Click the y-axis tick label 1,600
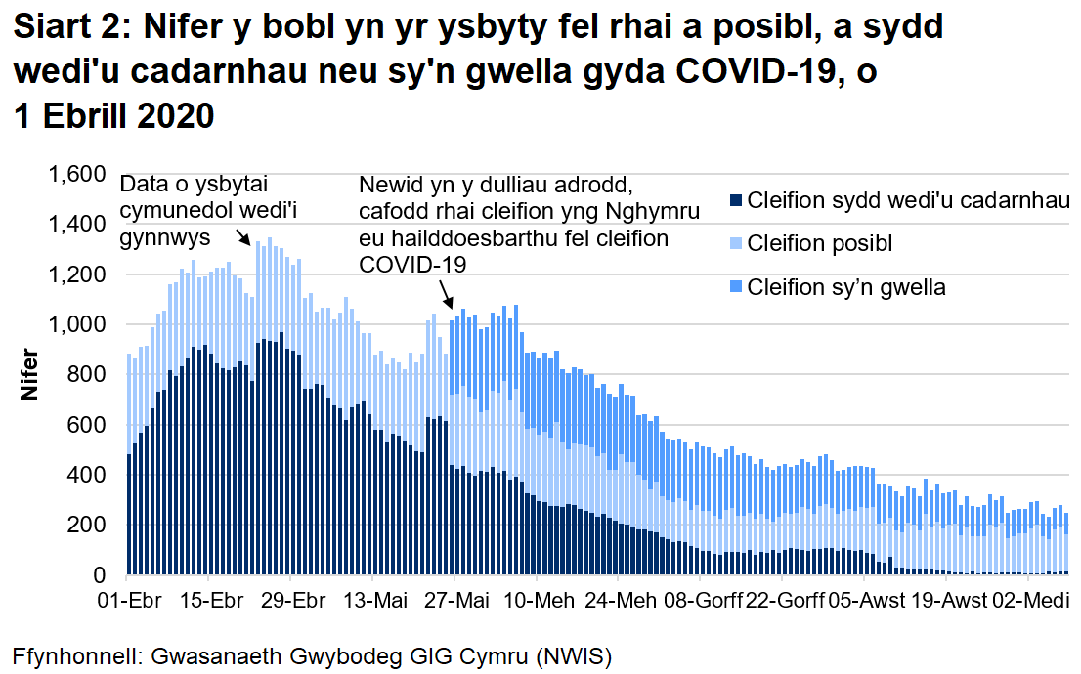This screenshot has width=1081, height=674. (77, 176)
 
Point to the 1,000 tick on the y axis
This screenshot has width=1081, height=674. (77, 325)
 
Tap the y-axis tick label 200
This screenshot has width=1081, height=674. (90, 526)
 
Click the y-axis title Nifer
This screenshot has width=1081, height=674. (29, 374)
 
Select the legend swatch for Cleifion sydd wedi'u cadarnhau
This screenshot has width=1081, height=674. (735, 202)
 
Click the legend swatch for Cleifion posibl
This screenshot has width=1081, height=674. (735, 245)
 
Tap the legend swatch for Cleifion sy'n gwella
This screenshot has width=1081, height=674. (735, 288)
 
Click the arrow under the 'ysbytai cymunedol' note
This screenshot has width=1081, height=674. (242, 237)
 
